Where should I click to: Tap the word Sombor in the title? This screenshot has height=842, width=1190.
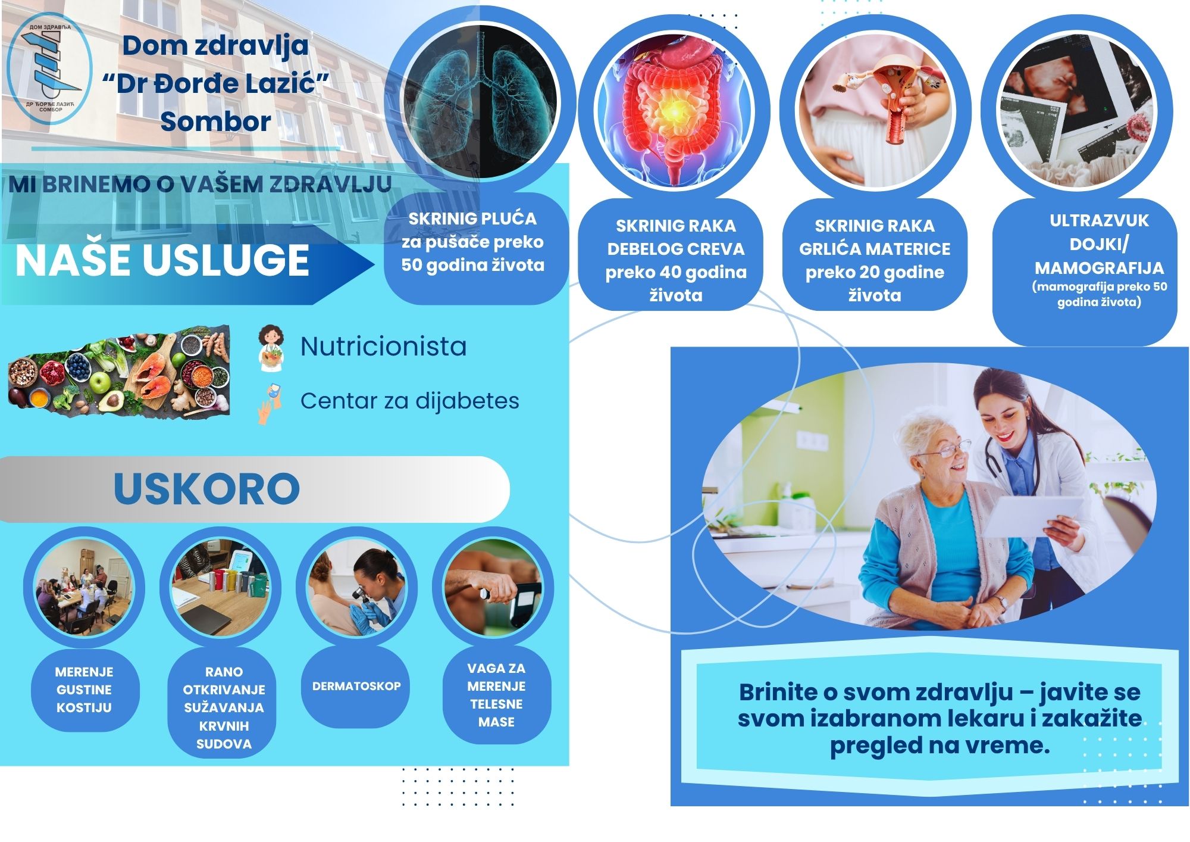point(215,121)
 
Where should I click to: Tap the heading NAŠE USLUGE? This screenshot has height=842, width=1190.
point(162,260)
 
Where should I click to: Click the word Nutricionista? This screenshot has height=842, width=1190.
point(383,347)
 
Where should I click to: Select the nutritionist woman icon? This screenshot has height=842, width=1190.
point(271,347)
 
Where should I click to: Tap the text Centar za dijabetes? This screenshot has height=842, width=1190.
point(409,401)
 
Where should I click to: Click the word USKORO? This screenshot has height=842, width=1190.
point(206,489)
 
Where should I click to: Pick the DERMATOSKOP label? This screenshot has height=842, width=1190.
point(356,686)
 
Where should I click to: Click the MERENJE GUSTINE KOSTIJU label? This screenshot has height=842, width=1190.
point(84,690)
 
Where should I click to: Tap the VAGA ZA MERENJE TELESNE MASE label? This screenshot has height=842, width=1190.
point(496,695)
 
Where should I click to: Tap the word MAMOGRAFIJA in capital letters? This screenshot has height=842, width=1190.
point(1099,267)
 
